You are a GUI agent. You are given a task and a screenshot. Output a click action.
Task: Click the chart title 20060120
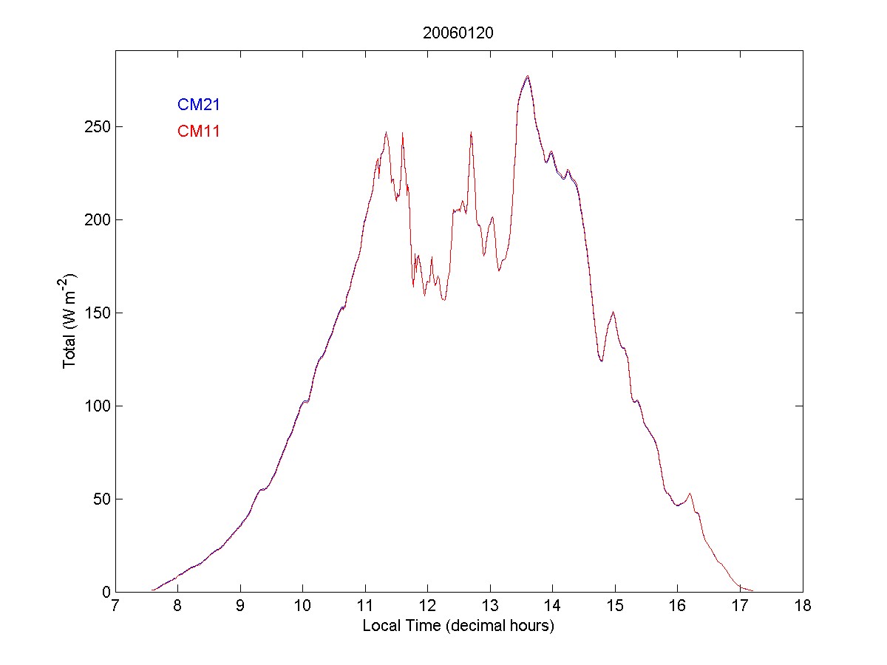458,33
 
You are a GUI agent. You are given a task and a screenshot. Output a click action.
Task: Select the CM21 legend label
198,105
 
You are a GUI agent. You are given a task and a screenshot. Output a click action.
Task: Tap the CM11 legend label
198,132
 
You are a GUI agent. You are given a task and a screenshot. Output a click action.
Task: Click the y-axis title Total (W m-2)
70,320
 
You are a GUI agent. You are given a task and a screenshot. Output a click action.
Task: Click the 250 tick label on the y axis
98,126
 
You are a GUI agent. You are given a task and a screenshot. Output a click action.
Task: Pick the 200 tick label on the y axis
98,219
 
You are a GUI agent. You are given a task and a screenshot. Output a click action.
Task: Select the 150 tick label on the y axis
98,313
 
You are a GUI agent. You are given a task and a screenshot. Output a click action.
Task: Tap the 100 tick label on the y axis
98,406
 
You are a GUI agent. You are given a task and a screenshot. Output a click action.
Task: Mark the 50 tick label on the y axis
101,499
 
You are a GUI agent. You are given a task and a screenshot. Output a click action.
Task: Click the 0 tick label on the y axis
105,592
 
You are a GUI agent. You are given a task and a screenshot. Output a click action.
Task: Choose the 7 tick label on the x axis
115,607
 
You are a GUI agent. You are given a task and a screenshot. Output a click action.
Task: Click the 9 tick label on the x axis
240,607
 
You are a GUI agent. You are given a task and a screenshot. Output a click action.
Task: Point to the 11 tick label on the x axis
365,607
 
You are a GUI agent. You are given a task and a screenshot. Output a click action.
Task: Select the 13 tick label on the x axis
490,607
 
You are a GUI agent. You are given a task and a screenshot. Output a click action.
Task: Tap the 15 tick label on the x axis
615,607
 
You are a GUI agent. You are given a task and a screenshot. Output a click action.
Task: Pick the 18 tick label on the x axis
803,607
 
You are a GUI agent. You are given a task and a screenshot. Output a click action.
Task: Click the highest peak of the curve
527,76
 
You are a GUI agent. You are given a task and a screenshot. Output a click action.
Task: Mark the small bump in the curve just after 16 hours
690,494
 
